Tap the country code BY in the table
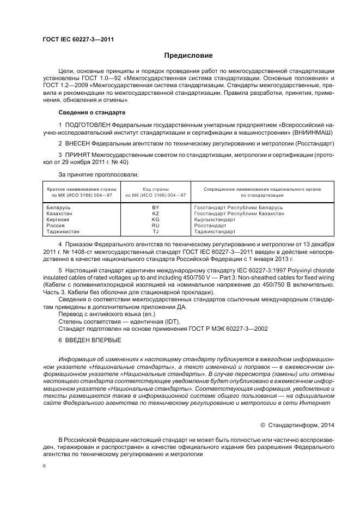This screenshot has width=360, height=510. [155, 208]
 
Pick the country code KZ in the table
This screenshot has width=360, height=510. [155, 214]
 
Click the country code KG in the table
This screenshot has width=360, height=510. [155, 220]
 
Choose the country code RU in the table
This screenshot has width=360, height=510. [155, 226]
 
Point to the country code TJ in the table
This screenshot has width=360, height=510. [155, 232]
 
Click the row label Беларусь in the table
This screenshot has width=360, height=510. [59, 208]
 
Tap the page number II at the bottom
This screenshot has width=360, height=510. [45, 466]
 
